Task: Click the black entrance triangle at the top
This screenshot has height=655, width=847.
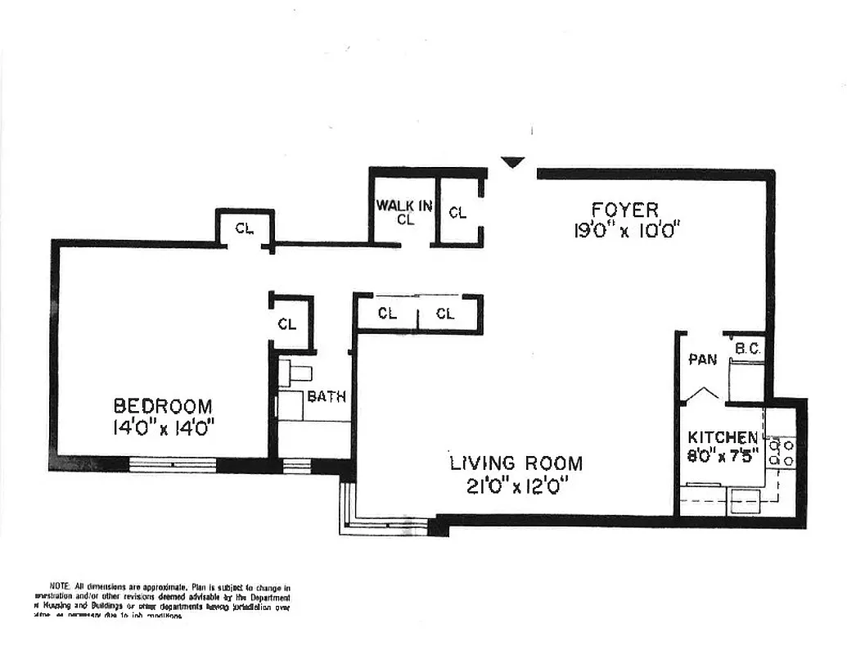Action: (512, 162)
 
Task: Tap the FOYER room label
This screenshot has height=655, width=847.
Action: (625, 210)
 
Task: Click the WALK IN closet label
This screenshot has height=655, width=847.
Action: (404, 206)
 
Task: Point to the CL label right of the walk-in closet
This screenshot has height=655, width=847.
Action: (457, 213)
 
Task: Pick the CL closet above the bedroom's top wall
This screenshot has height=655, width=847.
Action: (245, 228)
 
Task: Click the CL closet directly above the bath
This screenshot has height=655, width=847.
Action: (286, 323)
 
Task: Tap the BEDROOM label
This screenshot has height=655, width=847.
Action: (163, 405)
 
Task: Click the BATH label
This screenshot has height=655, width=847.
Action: (327, 397)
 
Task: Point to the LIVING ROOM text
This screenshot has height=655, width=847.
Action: (516, 463)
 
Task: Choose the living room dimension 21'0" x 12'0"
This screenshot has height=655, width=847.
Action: (516, 485)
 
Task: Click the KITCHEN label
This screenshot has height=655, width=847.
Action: (722, 437)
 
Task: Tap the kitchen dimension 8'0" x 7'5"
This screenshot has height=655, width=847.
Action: (722, 452)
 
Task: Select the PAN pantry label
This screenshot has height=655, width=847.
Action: (702, 359)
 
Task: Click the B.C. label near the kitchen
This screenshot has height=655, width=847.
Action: (748, 349)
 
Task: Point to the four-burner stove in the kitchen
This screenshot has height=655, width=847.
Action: (781, 454)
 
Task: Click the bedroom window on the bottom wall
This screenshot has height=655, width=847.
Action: (173, 465)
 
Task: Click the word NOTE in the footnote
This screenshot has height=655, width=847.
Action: (60, 587)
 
